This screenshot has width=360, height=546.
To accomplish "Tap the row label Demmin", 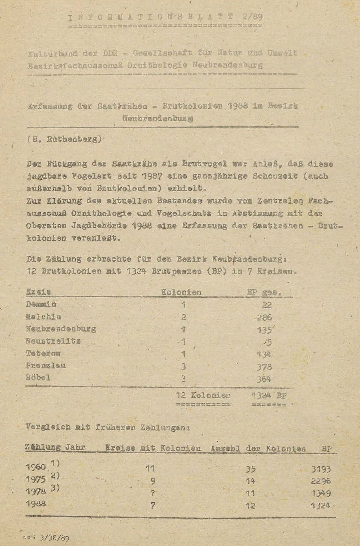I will pos(41,304).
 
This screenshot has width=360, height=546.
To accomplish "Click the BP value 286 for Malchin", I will pos(264,317).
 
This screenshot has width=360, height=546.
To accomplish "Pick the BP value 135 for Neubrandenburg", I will pos(264,330).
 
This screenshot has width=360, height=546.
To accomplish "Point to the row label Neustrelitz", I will pos(53,341).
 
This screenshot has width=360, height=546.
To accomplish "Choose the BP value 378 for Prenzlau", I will pos(264,367).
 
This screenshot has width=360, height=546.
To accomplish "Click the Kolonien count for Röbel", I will pos(184,379).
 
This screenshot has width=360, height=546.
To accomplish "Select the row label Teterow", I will pos(43,354).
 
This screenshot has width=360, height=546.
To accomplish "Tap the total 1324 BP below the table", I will pos(269,395).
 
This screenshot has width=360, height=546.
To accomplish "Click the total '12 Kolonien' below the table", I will pos(203,395).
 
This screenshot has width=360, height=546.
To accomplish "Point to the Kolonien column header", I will pos(181,292).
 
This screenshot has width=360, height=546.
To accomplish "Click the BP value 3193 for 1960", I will pos(321,469).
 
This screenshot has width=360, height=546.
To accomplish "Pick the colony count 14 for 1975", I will pos(250,481).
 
